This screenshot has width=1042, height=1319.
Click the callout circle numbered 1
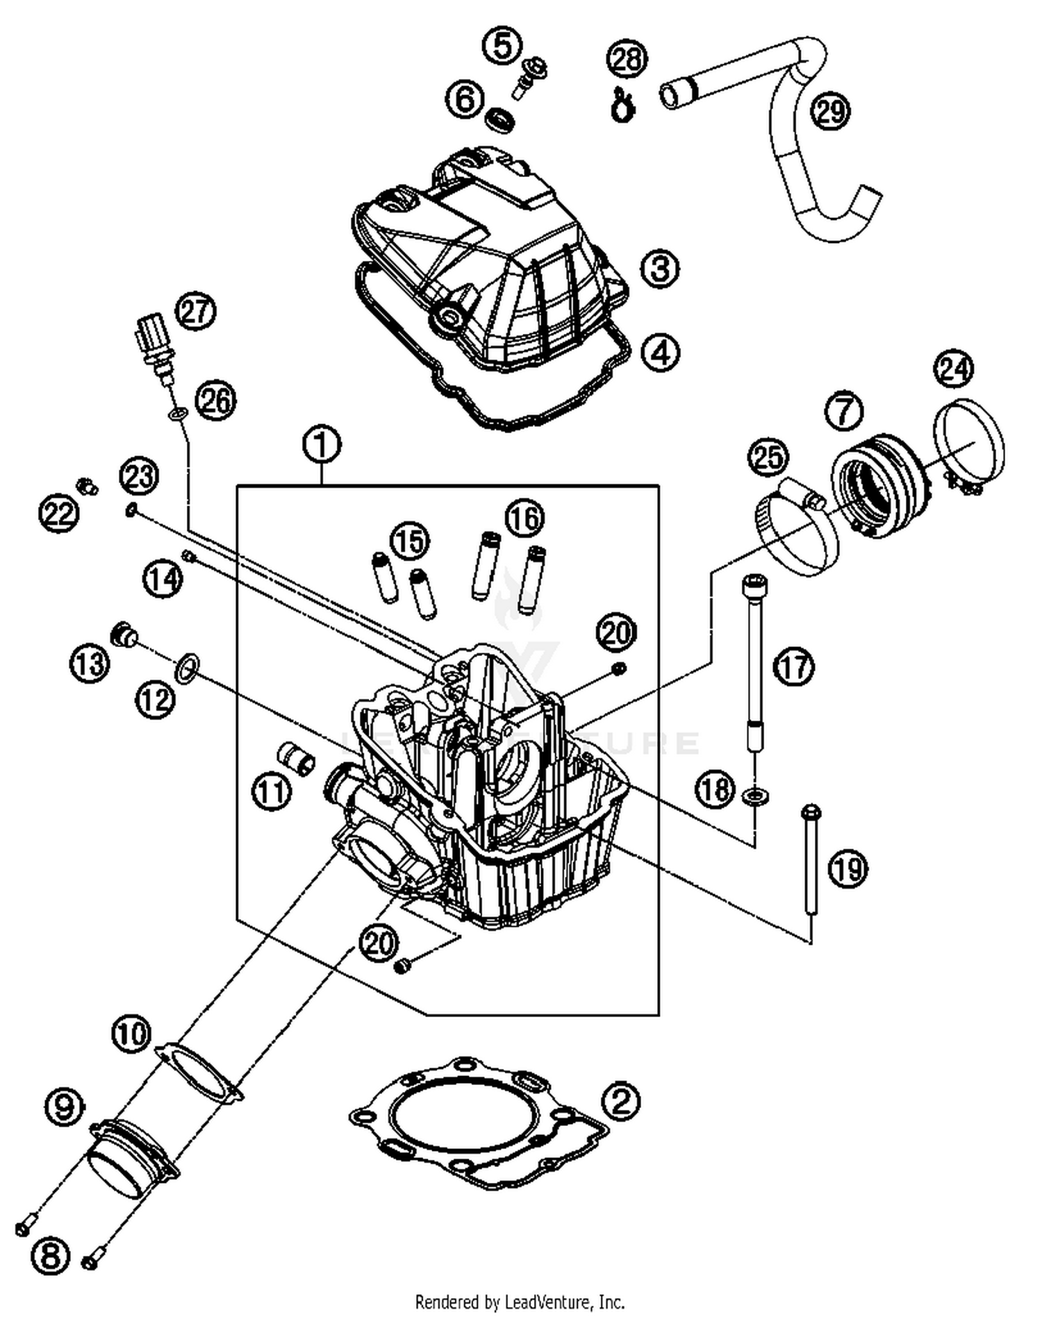(322, 445)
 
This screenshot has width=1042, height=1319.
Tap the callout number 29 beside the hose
(831, 111)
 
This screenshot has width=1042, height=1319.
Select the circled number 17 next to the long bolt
(794, 668)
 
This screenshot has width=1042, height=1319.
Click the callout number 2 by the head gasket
(620, 1101)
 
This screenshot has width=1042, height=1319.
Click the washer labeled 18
(754, 797)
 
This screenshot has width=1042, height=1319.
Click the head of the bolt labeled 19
(811, 812)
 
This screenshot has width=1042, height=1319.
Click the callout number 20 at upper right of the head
(615, 633)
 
